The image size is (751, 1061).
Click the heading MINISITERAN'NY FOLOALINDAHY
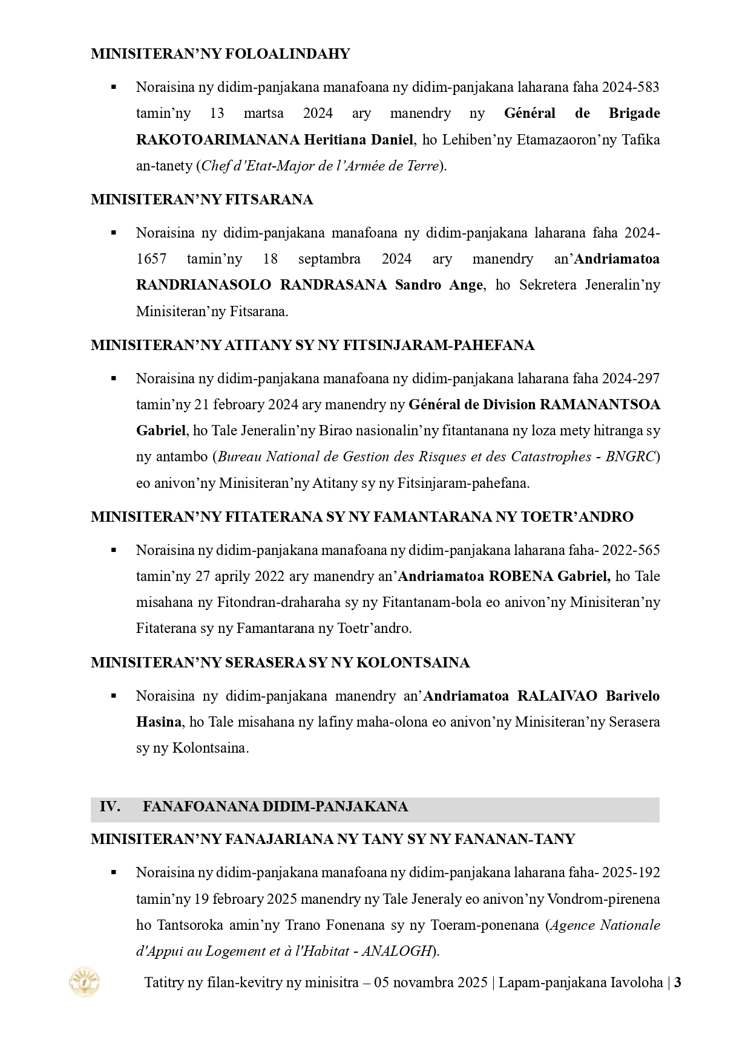pos(220,54)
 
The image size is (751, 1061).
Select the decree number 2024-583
pos(630,87)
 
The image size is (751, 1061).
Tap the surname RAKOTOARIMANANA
pos(218,140)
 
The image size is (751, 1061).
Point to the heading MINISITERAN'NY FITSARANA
pos(202,200)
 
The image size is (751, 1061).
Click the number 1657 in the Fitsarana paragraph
pos(151,259)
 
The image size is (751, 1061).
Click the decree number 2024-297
pos(630,378)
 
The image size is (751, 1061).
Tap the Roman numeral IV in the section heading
pos(110,806)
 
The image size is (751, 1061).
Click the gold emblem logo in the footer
pos(85,982)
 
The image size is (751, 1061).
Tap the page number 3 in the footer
pos(678,982)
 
